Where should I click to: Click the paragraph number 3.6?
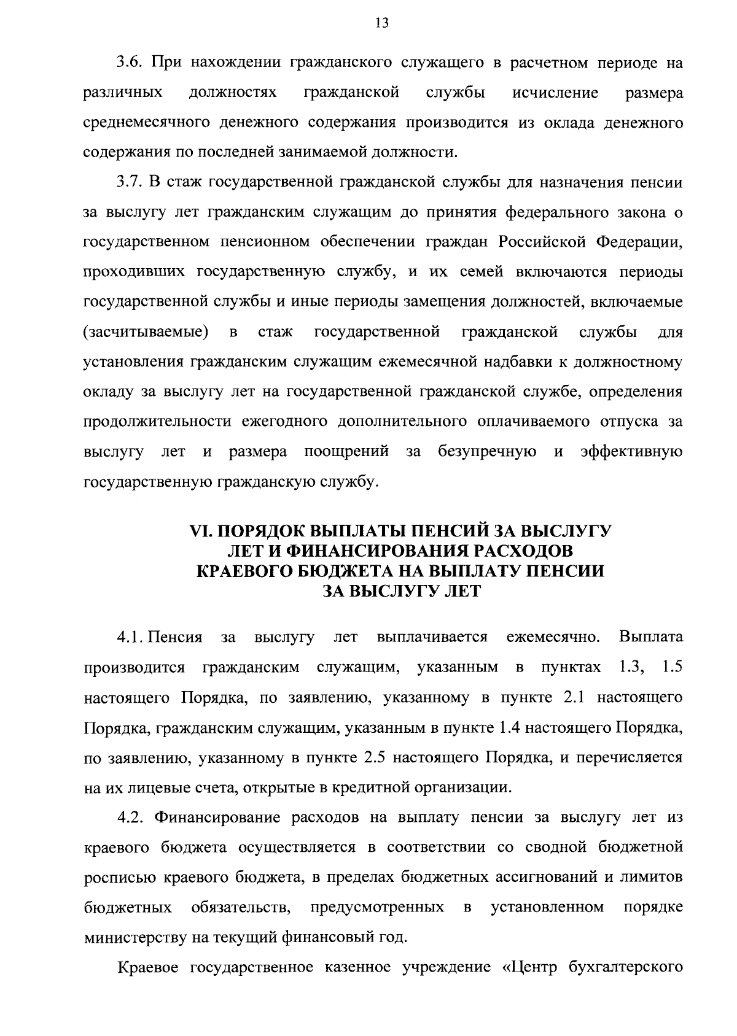pyautogui.click(x=130, y=63)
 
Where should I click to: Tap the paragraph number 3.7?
pyautogui.click(x=130, y=183)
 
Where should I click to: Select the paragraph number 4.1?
pyautogui.click(x=130, y=637)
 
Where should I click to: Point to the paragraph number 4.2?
pyautogui.click(x=130, y=818)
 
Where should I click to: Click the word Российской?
pyautogui.click(x=541, y=242)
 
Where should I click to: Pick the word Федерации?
pyautogui.click(x=639, y=242)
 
